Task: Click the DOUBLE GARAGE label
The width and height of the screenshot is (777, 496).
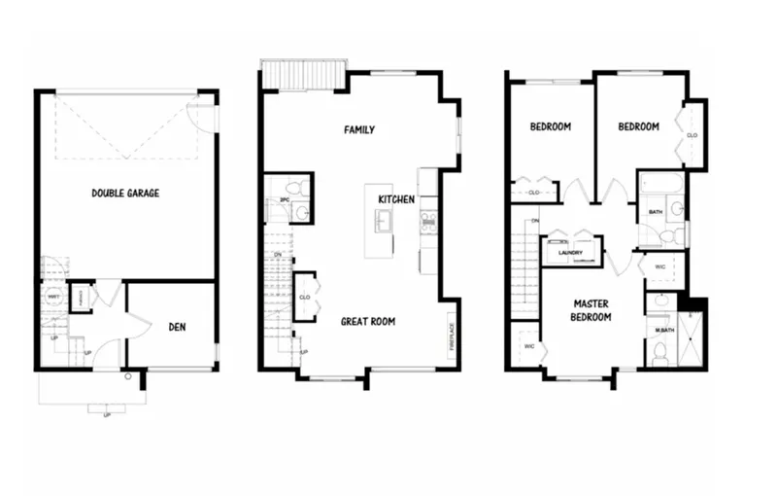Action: click(125, 194)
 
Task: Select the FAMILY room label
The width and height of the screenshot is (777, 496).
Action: click(358, 129)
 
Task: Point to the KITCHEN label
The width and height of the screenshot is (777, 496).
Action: click(396, 199)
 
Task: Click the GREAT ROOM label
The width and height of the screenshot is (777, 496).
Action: click(367, 321)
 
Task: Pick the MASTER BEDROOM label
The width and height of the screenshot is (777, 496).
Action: click(591, 310)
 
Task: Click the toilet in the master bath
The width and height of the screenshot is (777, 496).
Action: click(660, 357)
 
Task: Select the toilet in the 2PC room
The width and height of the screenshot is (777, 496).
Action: click(302, 188)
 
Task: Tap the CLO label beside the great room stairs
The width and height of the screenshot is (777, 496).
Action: click(304, 298)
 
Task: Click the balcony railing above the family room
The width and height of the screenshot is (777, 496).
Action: click(303, 73)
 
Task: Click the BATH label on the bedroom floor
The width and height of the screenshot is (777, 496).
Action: click(656, 211)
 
